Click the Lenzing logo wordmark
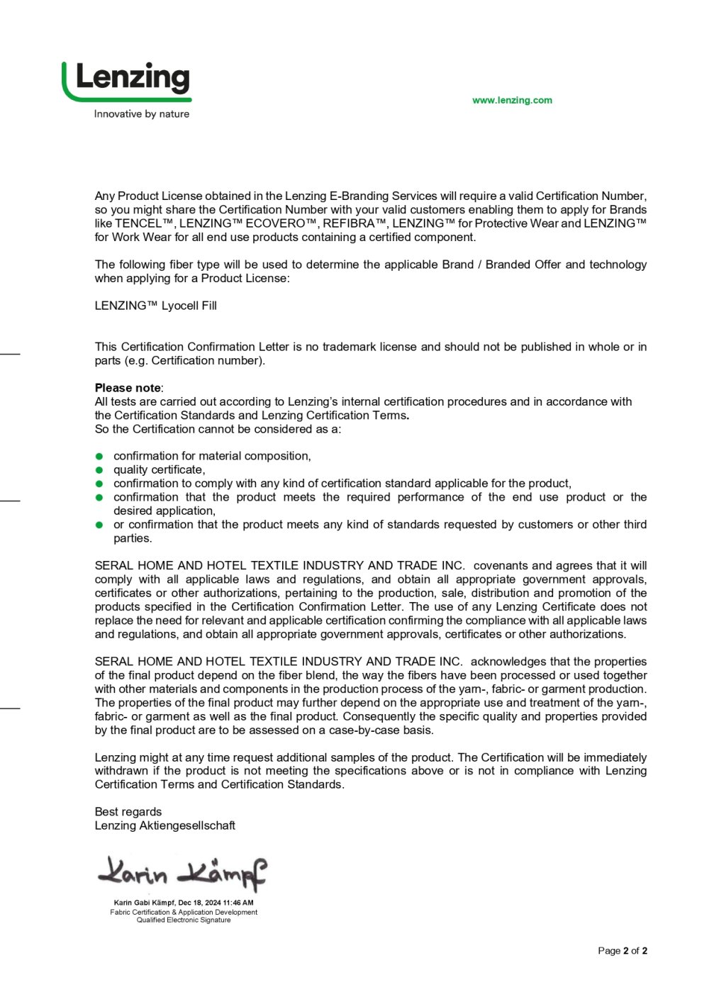[133, 78]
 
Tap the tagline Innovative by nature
[142, 113]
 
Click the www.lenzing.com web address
[512, 100]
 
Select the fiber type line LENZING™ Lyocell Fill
[156, 306]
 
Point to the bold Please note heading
[128, 388]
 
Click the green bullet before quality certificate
[100, 470]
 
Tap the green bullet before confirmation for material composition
[100, 456]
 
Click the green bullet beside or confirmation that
[100, 525]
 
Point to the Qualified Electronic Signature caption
[184, 920]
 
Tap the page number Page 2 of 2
[623, 950]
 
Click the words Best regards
[128, 812]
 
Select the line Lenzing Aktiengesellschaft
[165, 825]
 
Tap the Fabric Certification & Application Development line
[184, 912]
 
